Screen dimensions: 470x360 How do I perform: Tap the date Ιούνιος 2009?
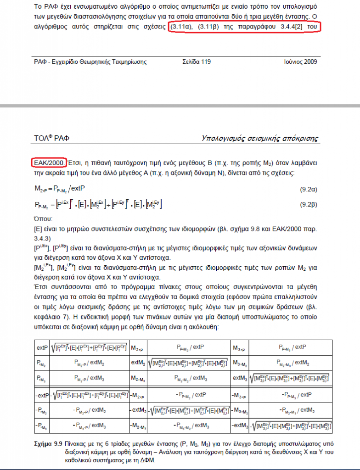(300, 61)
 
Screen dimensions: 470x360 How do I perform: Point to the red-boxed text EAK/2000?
(50, 162)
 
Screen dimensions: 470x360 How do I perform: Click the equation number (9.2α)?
(307, 189)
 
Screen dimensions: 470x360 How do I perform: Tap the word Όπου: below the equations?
(44, 219)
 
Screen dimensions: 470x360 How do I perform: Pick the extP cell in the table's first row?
(43, 348)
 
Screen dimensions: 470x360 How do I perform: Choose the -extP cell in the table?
(43, 395)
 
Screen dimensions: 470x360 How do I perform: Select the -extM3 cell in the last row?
(240, 426)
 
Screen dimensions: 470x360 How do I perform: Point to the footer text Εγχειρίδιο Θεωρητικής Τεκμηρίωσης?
(101, 61)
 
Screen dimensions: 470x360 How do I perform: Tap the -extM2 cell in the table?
(138, 410)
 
